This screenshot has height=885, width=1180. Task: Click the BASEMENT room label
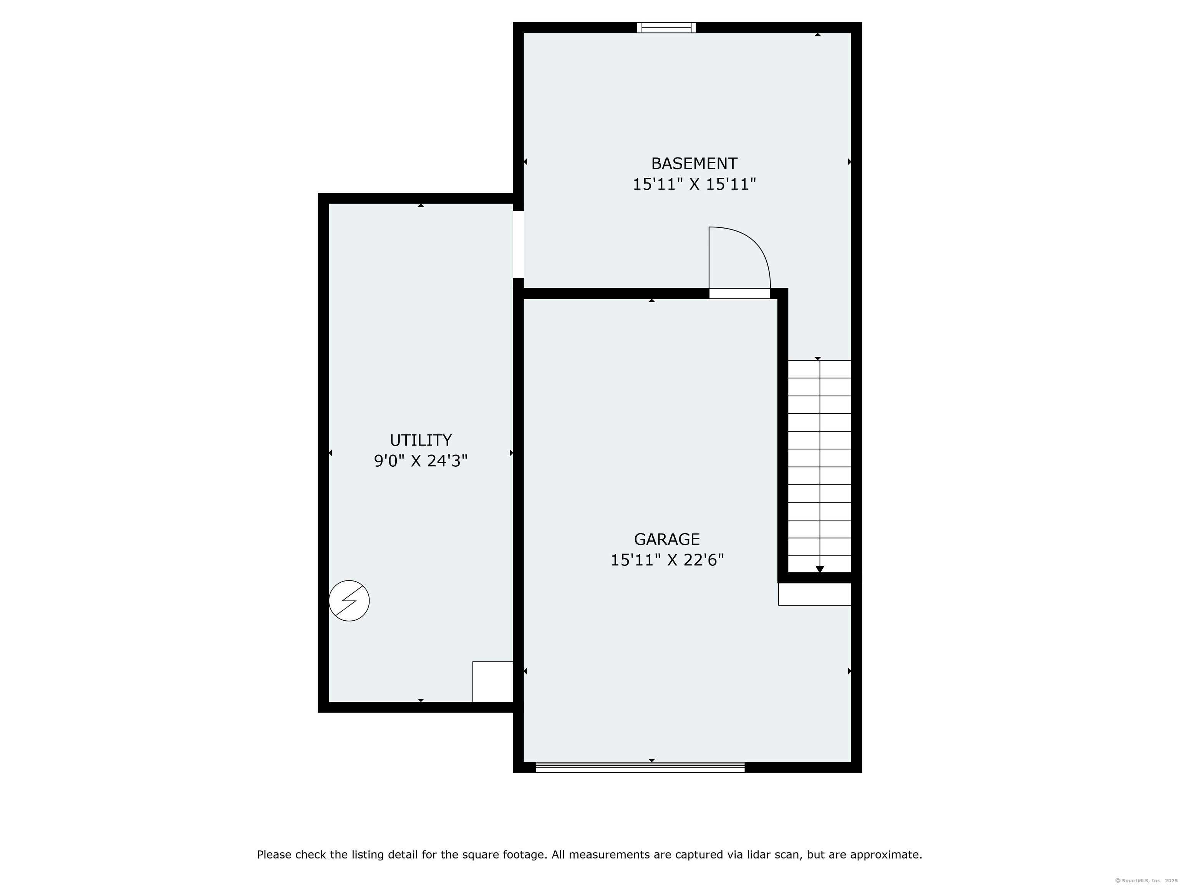coord(694,163)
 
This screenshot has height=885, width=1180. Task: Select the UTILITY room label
coord(420,440)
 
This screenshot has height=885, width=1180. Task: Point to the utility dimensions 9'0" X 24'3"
coord(420,461)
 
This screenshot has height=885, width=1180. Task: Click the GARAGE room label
coord(667,539)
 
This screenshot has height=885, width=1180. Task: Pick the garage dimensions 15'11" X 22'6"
coord(667,560)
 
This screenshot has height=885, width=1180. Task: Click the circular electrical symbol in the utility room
coord(349,601)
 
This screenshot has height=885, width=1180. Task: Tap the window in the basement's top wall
coord(666,28)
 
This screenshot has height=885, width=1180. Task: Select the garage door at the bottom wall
coord(640,767)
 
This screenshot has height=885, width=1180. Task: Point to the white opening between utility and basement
coord(519,245)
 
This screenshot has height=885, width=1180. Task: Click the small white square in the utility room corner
coord(492,682)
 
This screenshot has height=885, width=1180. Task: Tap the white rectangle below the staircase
coord(815,594)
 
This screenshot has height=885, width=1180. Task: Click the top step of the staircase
coord(819,369)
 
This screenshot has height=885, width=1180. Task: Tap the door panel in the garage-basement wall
coord(739,293)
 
